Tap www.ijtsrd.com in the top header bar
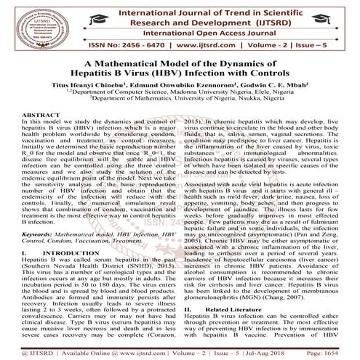tap(179, 44)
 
